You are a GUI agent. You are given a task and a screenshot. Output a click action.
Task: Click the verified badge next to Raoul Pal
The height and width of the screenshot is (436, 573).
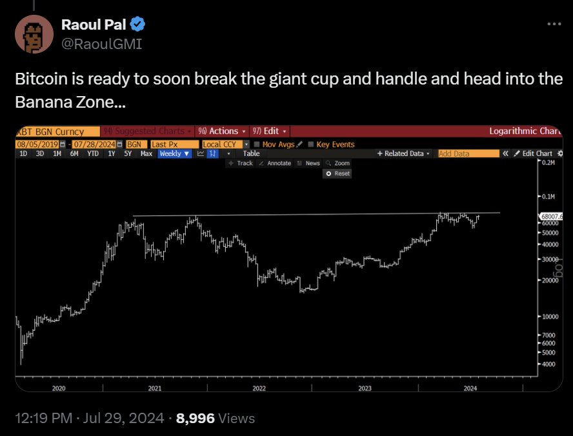point(137,25)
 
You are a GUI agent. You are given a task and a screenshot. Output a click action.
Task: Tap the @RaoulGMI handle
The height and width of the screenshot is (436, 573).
point(101,44)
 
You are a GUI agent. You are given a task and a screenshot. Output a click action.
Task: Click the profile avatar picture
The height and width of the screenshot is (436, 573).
point(34,34)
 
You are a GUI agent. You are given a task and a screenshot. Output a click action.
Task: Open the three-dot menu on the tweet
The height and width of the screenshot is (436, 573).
point(554,24)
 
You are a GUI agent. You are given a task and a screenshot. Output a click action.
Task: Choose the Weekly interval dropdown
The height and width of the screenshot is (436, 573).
point(174,154)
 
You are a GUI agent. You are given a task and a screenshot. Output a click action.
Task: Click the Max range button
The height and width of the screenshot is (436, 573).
point(146,154)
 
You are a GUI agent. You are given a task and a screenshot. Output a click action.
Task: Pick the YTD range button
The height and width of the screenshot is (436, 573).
point(93,154)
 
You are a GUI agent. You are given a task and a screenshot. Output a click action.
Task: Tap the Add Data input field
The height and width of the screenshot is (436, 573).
point(468,154)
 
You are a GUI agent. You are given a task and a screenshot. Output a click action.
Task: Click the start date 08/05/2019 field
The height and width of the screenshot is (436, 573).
point(37,144)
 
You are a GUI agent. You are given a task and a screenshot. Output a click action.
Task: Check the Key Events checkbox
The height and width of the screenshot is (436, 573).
point(312,144)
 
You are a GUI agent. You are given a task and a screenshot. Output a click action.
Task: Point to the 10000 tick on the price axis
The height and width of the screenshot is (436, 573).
point(548,317)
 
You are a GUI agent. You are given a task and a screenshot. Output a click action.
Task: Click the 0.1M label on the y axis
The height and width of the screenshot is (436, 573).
point(549,196)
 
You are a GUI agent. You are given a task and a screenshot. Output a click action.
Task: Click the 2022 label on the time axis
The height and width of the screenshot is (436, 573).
point(259,388)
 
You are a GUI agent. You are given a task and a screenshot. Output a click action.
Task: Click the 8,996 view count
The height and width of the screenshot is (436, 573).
point(195,419)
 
